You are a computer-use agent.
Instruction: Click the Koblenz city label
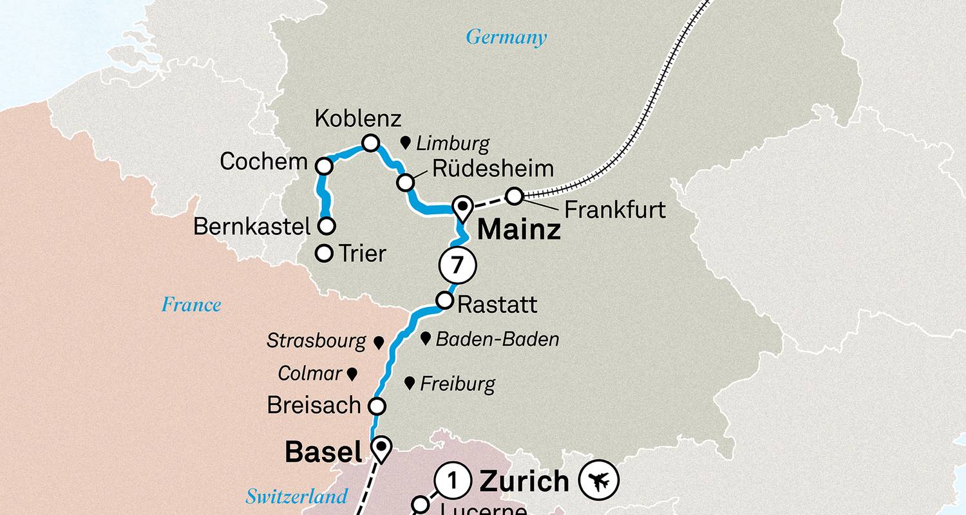[357, 119]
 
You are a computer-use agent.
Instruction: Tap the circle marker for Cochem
[324, 167]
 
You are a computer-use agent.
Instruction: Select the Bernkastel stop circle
[327, 226]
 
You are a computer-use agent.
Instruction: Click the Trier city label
[362, 254]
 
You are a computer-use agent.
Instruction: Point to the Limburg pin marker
[406, 142]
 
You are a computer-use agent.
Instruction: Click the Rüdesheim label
[493, 169]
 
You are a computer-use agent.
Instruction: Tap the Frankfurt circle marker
[513, 196]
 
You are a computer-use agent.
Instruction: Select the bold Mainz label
[519, 230]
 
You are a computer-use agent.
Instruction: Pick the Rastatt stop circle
[444, 301]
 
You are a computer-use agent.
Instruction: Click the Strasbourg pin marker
[379, 342]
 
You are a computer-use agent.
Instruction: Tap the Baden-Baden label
[497, 339]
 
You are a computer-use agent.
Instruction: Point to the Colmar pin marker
[352, 373]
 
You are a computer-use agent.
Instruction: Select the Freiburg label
[457, 384]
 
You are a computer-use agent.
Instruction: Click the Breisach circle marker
[377, 406]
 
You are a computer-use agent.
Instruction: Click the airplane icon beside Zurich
[598, 480]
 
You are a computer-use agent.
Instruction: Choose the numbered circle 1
[452, 481]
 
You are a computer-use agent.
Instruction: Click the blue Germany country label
[506, 37]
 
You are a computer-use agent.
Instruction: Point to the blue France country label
[191, 304]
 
